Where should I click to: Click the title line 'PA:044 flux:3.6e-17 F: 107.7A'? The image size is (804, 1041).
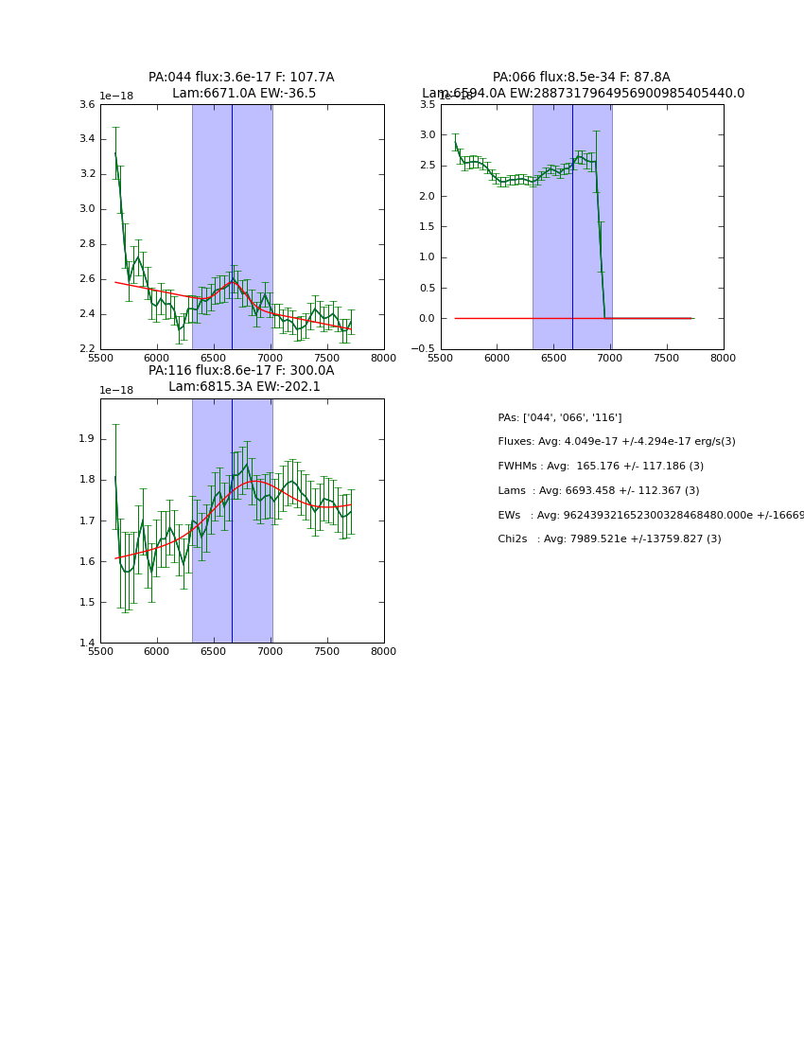coord(241,78)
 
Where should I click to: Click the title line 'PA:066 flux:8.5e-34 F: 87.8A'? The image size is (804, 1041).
coord(581,78)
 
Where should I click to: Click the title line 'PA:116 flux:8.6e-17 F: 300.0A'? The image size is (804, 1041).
coord(241,371)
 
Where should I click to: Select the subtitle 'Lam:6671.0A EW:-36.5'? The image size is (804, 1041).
coord(244,94)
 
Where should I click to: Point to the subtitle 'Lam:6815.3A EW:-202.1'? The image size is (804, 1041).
coord(244,387)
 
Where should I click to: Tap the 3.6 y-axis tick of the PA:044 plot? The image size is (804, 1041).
coord(87,105)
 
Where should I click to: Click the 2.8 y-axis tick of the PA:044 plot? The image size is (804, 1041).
coord(87,244)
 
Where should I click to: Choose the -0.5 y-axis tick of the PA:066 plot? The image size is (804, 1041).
coord(425,349)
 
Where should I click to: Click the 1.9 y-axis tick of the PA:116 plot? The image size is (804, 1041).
coord(87,439)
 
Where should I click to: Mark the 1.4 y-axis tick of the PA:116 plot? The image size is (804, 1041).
coord(87,644)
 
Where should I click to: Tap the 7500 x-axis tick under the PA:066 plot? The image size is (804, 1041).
coord(667,359)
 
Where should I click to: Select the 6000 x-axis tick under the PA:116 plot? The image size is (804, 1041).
coord(157,652)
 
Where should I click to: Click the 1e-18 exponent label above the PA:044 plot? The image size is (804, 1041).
coord(116,97)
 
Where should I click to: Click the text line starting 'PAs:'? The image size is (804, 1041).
coord(560,418)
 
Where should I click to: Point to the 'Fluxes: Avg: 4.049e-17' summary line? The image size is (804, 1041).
coord(617,442)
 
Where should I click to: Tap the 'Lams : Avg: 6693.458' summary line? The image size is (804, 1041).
coord(599,491)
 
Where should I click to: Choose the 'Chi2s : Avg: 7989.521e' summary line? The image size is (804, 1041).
coord(609,539)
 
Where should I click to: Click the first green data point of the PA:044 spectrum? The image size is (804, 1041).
coord(115,153)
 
